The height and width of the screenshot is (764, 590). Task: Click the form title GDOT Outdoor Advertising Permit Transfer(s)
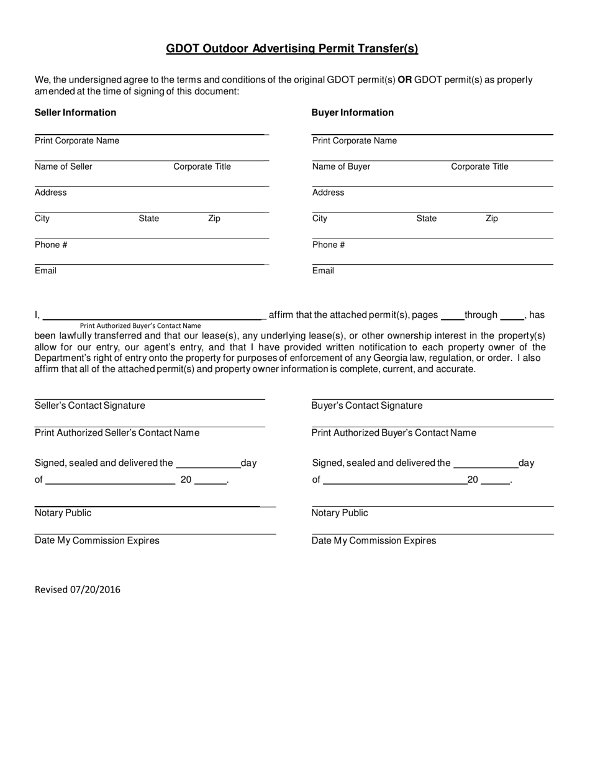pyautogui.click(x=292, y=48)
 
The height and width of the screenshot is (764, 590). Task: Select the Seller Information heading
pyautogui.click(x=75, y=112)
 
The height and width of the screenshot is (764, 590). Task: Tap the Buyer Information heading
pyautogui.click(x=352, y=112)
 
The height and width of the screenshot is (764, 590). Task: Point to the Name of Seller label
pyautogui.click(x=63, y=166)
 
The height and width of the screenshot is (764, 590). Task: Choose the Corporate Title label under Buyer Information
pyautogui.click(x=479, y=166)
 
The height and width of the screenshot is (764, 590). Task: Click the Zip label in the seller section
pyautogui.click(x=214, y=219)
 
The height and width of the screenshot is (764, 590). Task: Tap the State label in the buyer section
pyautogui.click(x=426, y=219)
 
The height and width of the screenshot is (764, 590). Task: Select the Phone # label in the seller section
pyautogui.click(x=51, y=245)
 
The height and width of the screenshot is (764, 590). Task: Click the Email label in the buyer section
pyautogui.click(x=323, y=271)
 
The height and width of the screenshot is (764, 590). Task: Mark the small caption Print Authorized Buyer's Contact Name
pyautogui.click(x=140, y=325)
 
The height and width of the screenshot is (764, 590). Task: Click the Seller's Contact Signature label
pyautogui.click(x=90, y=406)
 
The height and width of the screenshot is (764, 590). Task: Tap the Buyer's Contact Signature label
pyautogui.click(x=366, y=406)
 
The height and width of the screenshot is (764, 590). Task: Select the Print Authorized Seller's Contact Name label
pyautogui.click(x=117, y=433)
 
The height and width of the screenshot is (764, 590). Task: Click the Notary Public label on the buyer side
pyautogui.click(x=340, y=513)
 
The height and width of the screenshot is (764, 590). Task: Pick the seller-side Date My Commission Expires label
pyautogui.click(x=97, y=540)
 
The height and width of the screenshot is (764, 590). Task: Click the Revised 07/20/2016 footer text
pyautogui.click(x=78, y=589)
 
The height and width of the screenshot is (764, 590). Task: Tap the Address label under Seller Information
pyautogui.click(x=51, y=193)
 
